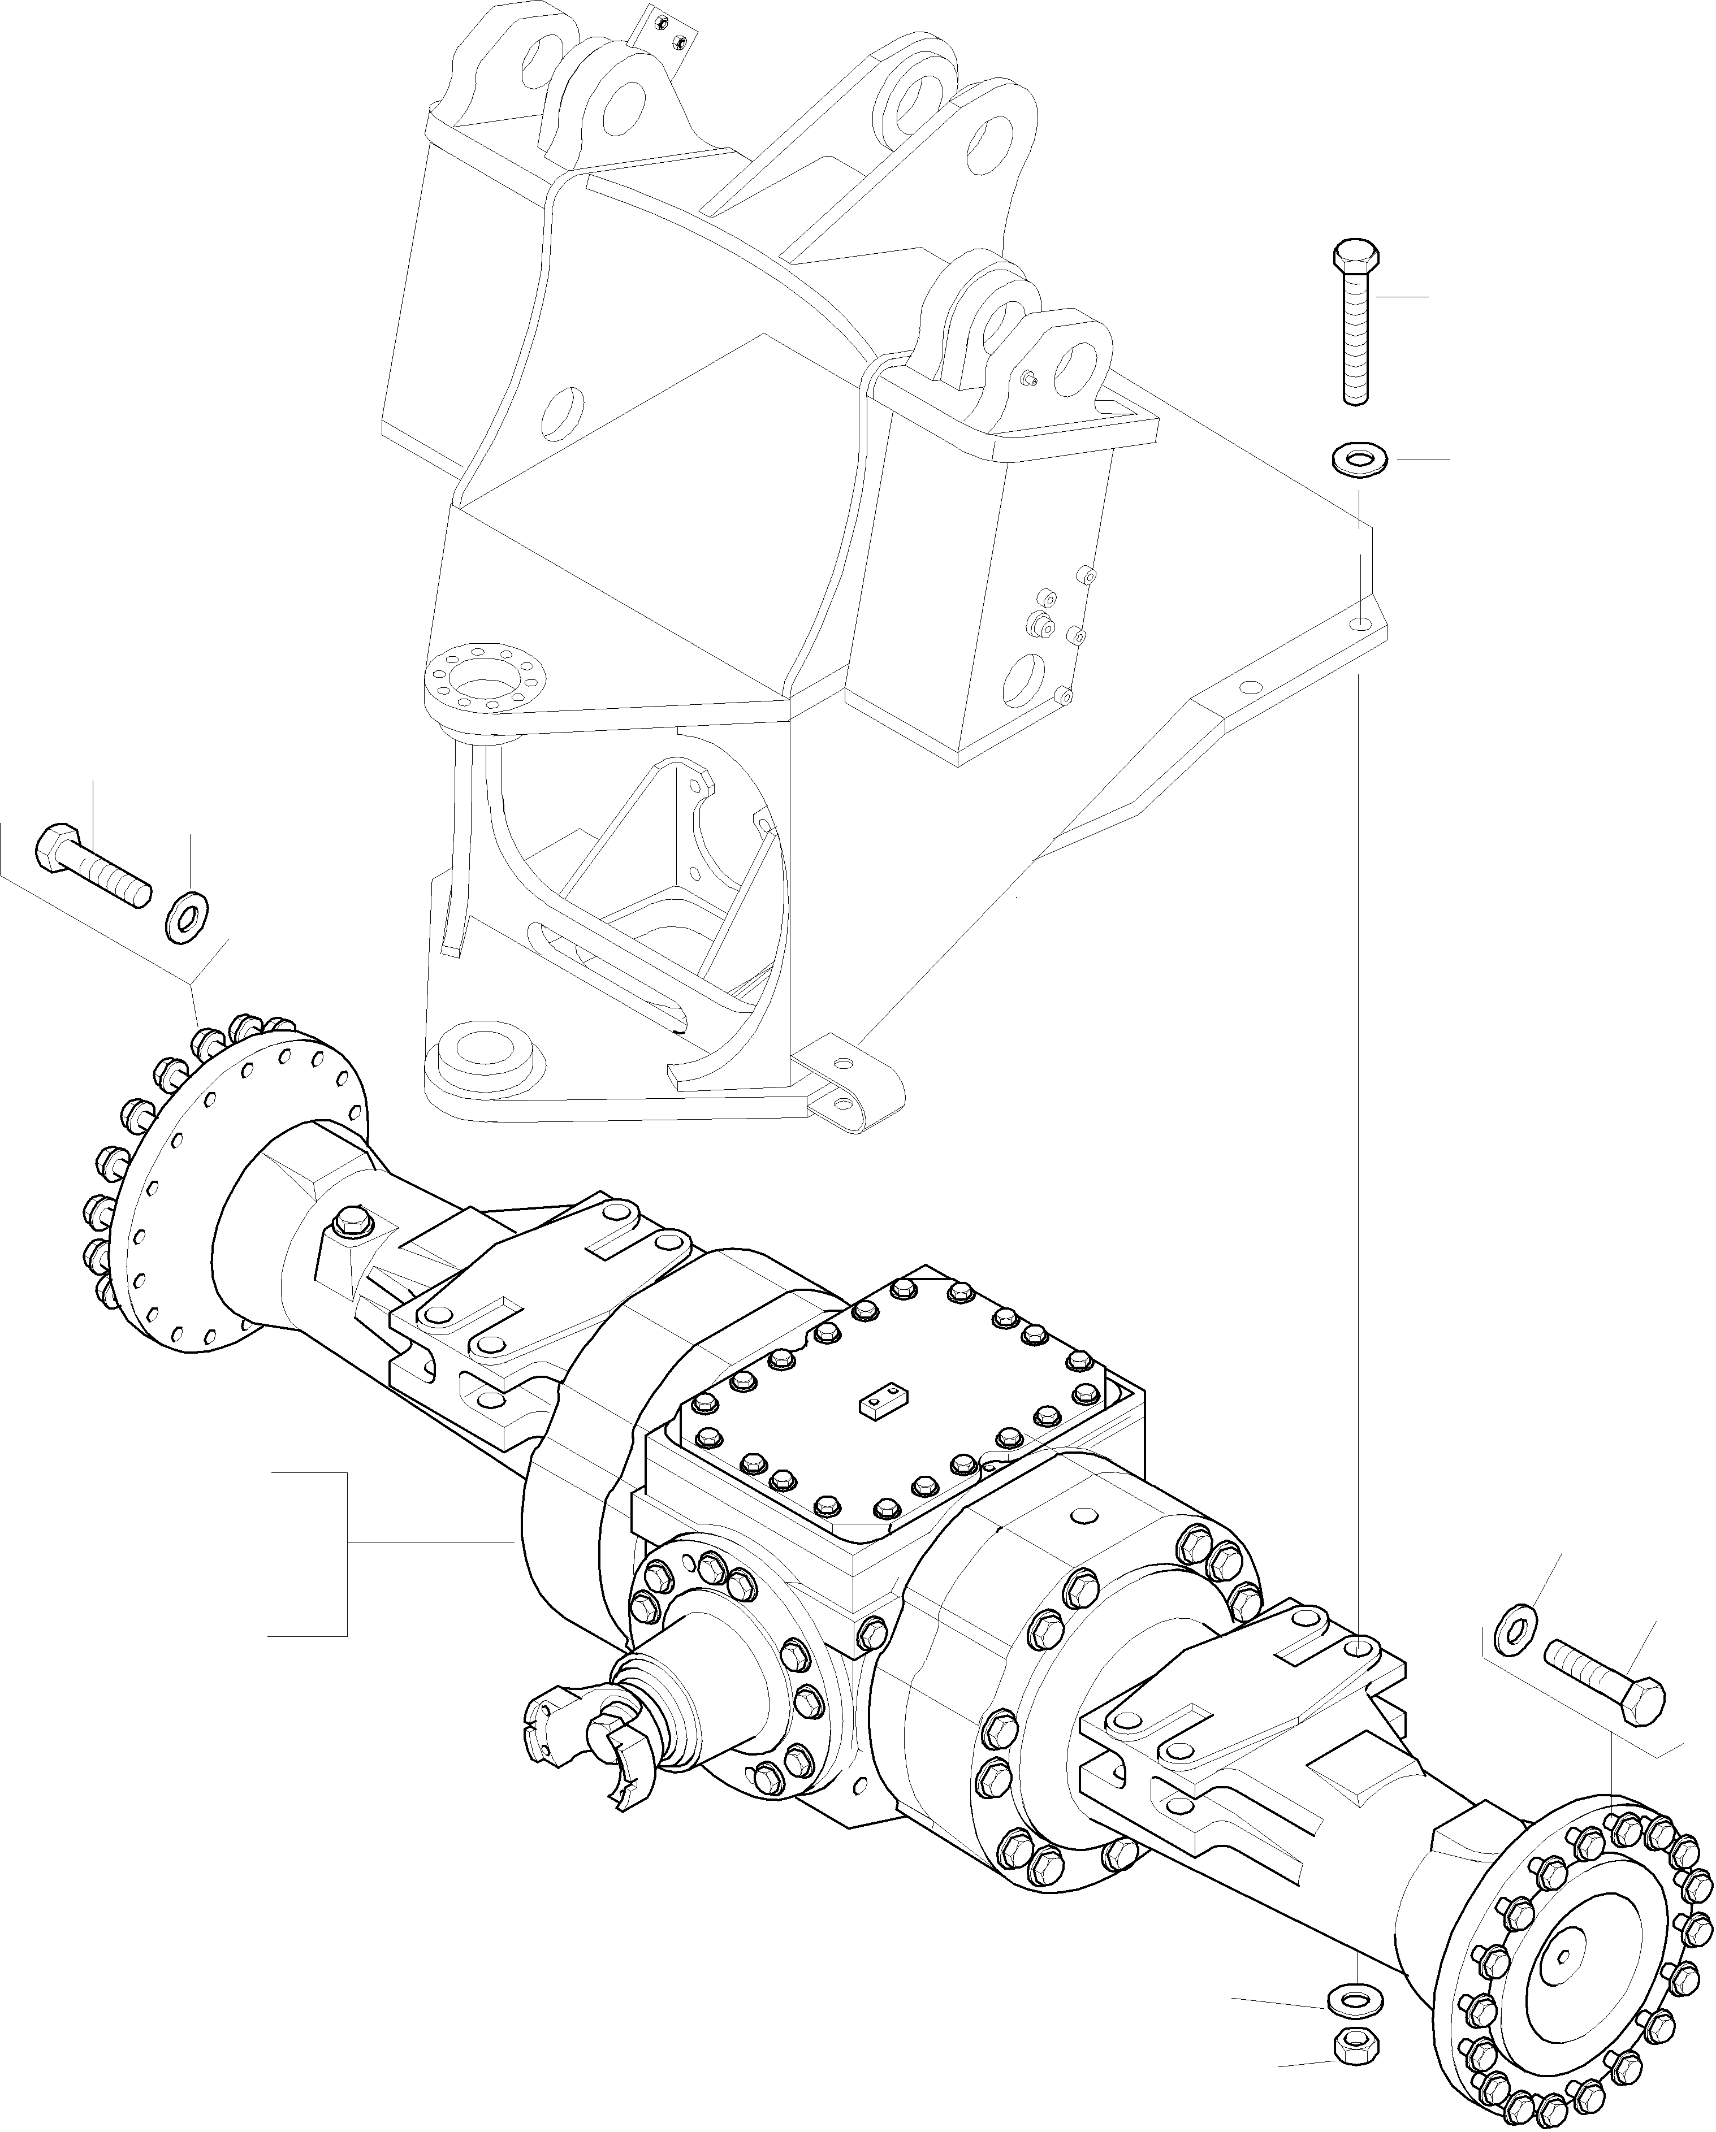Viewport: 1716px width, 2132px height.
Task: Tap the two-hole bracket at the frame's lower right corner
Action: [846, 1083]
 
